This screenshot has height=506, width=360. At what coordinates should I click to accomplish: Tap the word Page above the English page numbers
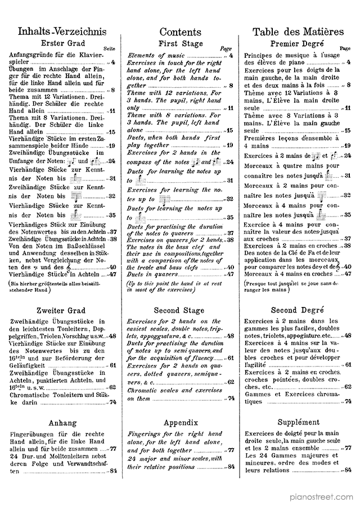(x=226, y=49)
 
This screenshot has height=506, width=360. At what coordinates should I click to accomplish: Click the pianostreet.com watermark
(x=321, y=497)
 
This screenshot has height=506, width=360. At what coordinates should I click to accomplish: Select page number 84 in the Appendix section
(x=231, y=467)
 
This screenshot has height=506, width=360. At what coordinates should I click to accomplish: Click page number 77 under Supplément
(x=348, y=448)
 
